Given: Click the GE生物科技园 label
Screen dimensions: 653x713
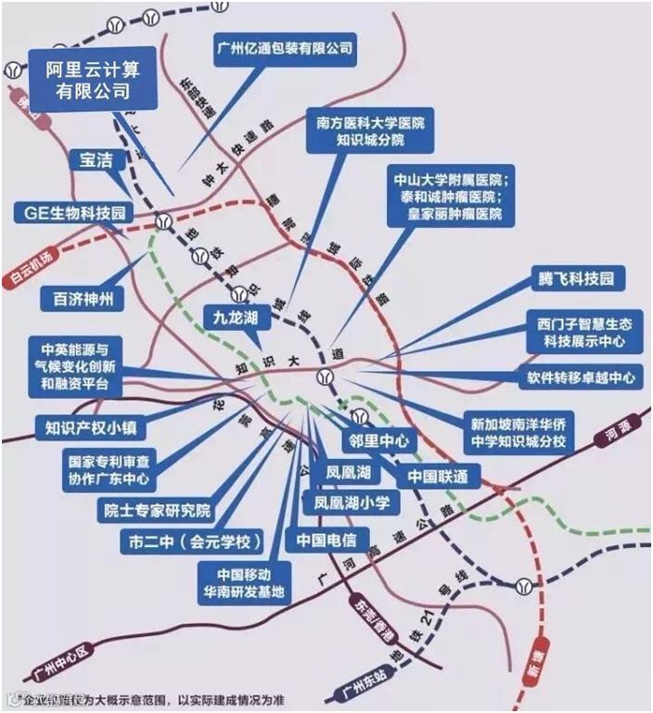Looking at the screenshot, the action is coord(74,213).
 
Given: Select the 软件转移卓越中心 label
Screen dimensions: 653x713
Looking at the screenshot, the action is coord(576,377).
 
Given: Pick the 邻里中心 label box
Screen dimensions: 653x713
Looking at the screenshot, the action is coord(378,442).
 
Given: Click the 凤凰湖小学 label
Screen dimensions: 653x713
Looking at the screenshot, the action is coord(351,502).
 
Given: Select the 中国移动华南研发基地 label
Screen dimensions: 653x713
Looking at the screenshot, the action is coord(240,581).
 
